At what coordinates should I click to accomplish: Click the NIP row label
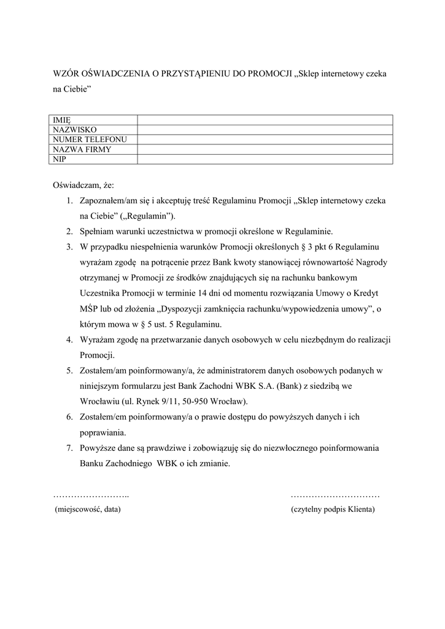[60, 159]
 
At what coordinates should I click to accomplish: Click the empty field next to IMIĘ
[265, 120]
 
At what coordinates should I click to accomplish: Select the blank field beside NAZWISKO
[265, 130]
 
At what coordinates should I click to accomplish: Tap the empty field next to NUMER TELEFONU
[265, 139]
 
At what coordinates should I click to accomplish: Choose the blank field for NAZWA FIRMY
[265, 149]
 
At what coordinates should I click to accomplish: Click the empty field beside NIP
[265, 159]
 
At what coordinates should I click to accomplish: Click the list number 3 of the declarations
[69, 247]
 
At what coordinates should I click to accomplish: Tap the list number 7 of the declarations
[69, 448]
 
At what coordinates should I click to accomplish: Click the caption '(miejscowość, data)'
[88, 509]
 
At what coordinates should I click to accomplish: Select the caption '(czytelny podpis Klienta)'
[333, 509]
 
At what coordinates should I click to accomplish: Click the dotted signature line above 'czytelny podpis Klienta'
[335, 495]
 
